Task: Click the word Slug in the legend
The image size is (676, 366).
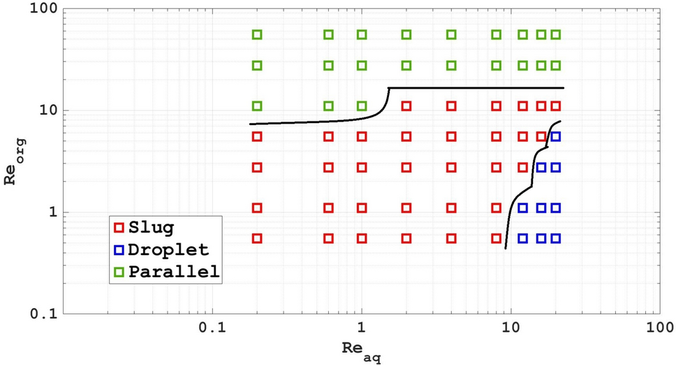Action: [152, 227]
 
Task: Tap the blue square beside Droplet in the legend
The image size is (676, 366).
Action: [119, 249]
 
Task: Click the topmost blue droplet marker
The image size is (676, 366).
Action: [556, 137]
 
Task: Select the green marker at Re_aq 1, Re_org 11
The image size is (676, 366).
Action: [362, 106]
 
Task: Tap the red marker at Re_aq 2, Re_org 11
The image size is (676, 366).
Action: [406, 106]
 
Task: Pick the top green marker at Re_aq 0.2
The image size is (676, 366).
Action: [257, 34]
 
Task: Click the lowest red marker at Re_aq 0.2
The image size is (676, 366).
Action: [257, 238]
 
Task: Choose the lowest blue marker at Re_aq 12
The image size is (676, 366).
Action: [522, 238]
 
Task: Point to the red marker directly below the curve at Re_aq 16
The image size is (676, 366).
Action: [541, 137]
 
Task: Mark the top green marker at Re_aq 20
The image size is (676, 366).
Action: [556, 34]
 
